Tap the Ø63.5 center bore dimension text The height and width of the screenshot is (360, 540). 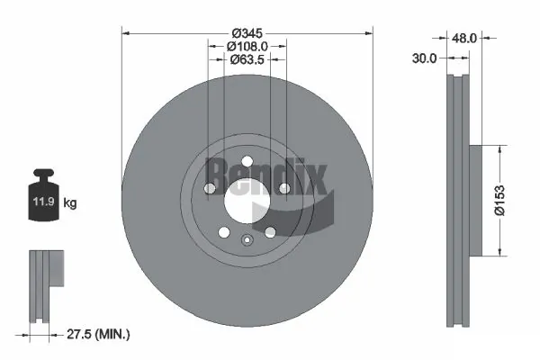click(x=247, y=60)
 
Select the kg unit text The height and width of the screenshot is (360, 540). click(x=70, y=204)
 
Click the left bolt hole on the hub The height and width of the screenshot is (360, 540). click(x=210, y=188)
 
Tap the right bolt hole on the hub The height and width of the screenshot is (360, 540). click(x=283, y=188)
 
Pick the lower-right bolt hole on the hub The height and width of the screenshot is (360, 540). click(x=269, y=231)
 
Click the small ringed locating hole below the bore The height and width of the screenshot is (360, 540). click(x=247, y=239)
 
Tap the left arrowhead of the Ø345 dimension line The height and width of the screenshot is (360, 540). click(x=125, y=33)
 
